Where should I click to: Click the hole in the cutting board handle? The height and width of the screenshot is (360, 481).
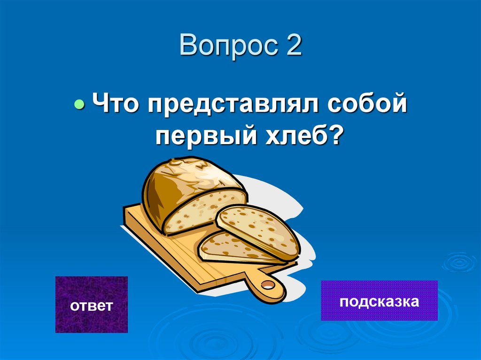(x=267, y=284)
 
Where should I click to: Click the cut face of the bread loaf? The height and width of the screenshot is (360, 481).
(x=204, y=211)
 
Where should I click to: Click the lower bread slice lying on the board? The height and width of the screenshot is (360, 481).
(x=225, y=246)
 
